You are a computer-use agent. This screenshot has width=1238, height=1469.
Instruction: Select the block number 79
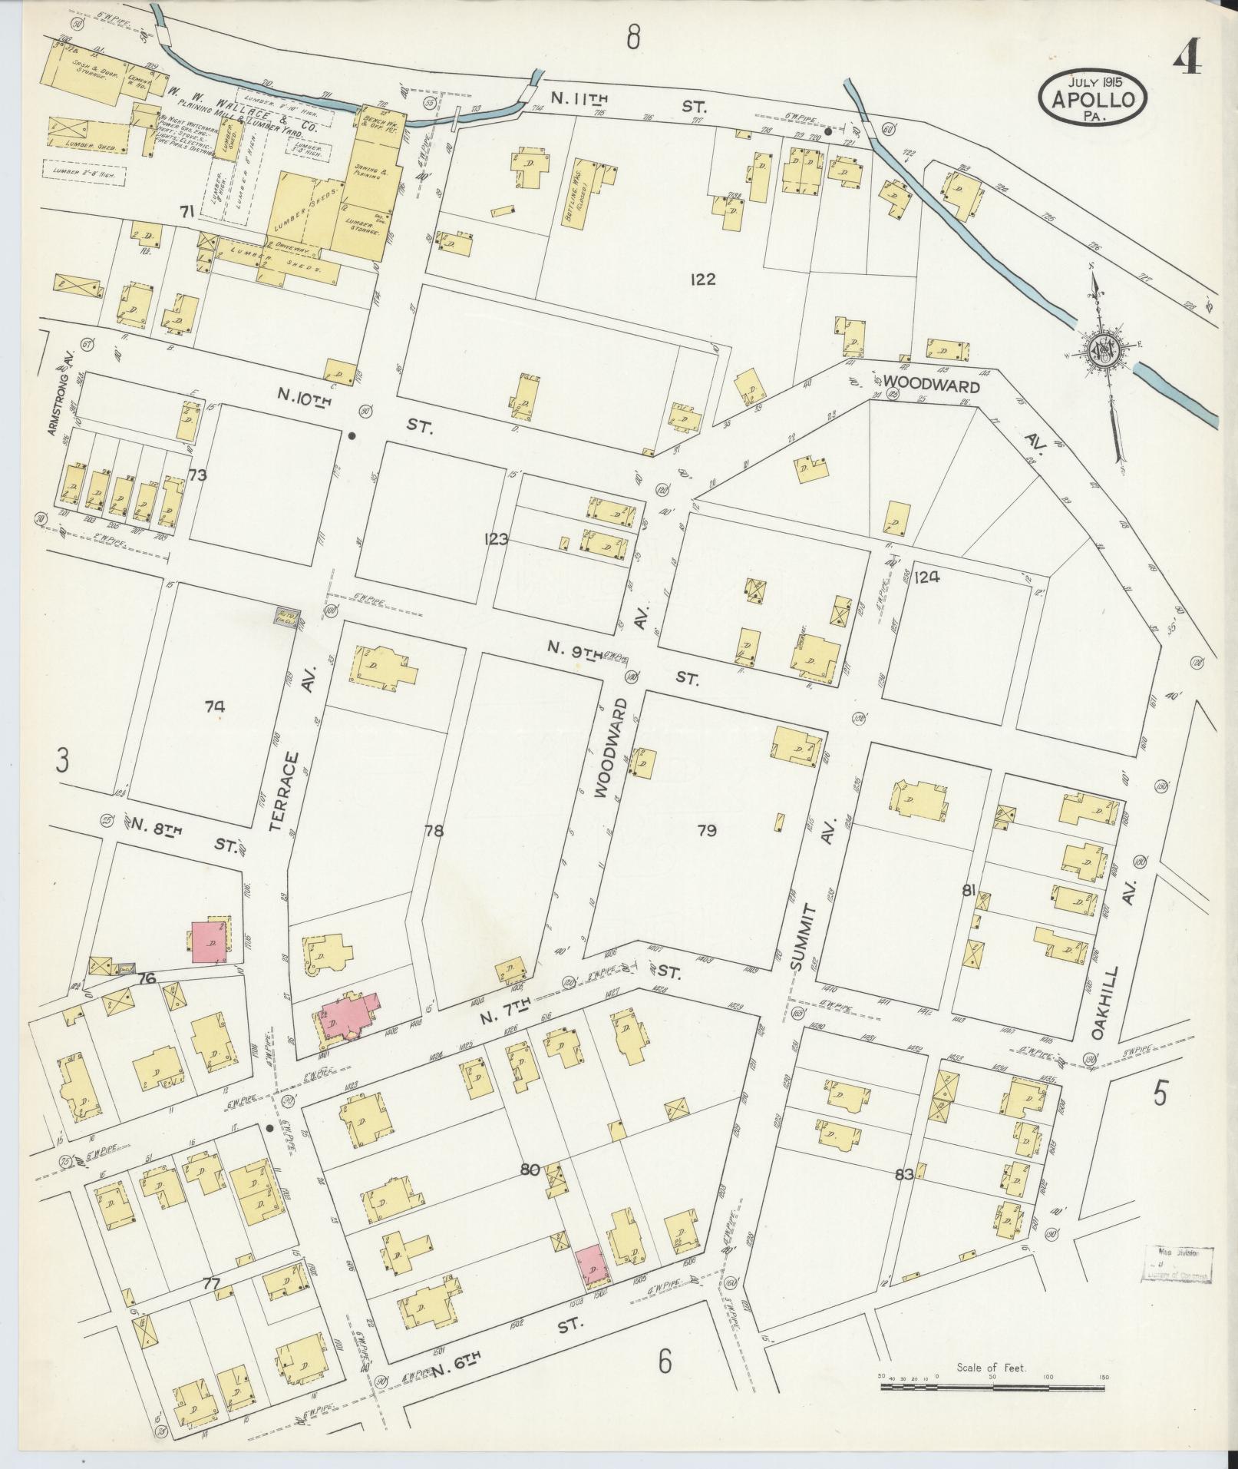707,830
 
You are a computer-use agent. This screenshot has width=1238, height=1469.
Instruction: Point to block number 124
926,577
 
